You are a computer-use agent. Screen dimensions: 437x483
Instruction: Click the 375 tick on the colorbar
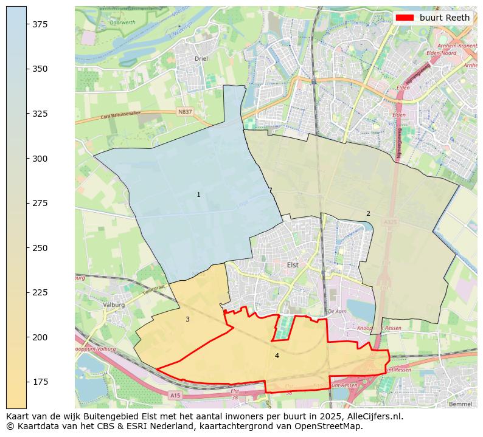(x=27, y=24)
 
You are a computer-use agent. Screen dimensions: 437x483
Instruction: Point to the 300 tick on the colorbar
(x=27, y=159)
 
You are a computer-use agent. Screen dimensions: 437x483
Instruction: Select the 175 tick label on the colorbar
(x=40, y=382)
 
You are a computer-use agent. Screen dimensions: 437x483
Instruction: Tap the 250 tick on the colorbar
(x=27, y=248)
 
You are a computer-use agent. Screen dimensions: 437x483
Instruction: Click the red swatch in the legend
(x=405, y=18)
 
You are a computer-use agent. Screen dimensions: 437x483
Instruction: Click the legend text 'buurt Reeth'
(x=445, y=18)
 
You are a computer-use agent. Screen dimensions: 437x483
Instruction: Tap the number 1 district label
(x=198, y=194)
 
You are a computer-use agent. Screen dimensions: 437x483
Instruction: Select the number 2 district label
(x=367, y=213)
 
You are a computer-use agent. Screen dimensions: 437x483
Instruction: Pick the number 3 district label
(x=187, y=319)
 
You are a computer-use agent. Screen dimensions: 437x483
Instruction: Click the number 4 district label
(x=277, y=356)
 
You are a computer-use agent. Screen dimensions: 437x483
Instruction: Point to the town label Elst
(x=293, y=265)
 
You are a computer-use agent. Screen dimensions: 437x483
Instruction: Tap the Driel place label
(x=201, y=59)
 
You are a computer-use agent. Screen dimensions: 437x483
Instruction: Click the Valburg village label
(x=114, y=305)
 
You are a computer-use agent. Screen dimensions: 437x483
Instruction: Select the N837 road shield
(x=185, y=111)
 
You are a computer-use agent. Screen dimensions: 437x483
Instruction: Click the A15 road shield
(x=176, y=396)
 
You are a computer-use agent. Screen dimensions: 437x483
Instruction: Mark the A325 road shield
(x=390, y=223)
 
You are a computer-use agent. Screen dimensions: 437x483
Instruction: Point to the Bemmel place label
(x=459, y=404)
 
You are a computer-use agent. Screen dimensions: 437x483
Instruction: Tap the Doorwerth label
(x=122, y=22)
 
